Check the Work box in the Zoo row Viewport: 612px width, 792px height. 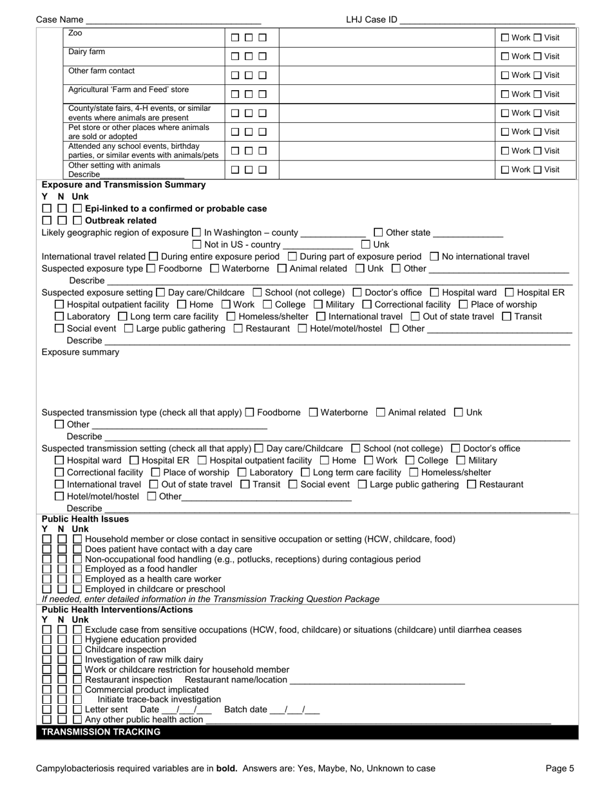505,38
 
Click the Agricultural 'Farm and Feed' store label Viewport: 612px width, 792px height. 128,90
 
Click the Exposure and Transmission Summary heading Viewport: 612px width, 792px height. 123,185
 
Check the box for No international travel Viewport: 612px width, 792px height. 434,256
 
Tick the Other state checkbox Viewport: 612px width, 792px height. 378,232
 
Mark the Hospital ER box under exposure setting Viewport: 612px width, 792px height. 510,292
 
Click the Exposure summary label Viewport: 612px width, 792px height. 81,352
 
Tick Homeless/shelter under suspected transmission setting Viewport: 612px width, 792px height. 414,472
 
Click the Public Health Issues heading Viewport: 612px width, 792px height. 85,519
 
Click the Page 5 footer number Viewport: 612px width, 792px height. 559,768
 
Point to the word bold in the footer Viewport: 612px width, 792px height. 226,768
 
